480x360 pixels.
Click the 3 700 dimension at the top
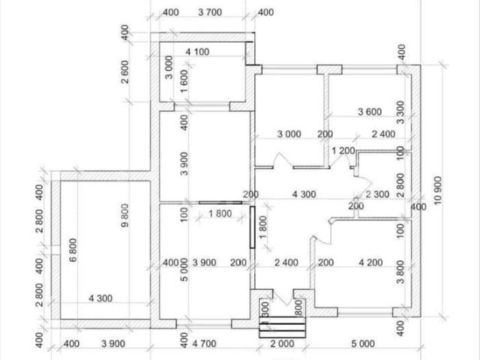[210, 12]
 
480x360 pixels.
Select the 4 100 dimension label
[197, 52]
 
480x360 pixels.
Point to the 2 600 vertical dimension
[125, 72]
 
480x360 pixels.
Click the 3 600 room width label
[370, 112]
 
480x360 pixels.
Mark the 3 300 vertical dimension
[400, 112]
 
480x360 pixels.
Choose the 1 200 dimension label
[343, 151]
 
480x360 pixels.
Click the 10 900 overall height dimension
[438, 190]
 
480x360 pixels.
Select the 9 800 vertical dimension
[125, 215]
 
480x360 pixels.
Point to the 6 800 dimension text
[73, 250]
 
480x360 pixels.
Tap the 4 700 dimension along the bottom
[204, 343]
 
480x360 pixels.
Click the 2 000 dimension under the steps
[282, 343]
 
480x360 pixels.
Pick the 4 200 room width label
[370, 262]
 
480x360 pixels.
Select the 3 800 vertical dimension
[400, 271]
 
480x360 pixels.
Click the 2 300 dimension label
[377, 194]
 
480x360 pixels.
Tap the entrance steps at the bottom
[282, 327]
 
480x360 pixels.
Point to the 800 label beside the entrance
[298, 307]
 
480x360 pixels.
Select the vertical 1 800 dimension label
[263, 227]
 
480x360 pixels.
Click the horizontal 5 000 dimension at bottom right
[363, 343]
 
